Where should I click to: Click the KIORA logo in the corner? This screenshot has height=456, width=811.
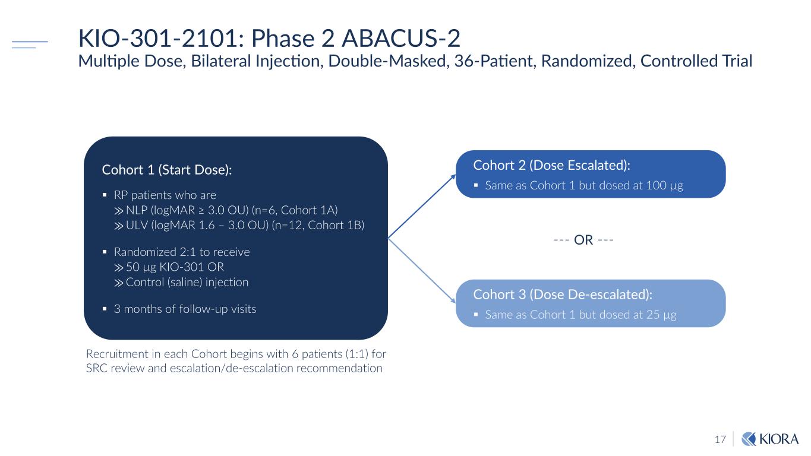click(x=771, y=439)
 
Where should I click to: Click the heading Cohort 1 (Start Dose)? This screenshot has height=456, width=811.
click(x=167, y=170)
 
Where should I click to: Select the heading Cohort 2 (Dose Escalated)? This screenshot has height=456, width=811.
click(x=551, y=164)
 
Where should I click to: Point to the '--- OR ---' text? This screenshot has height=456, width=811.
click(x=583, y=240)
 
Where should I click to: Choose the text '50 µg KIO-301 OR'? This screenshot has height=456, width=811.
click(x=175, y=267)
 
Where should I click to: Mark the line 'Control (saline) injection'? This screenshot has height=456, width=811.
click(x=187, y=282)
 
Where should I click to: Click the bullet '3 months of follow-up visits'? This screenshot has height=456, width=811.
click(x=185, y=309)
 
